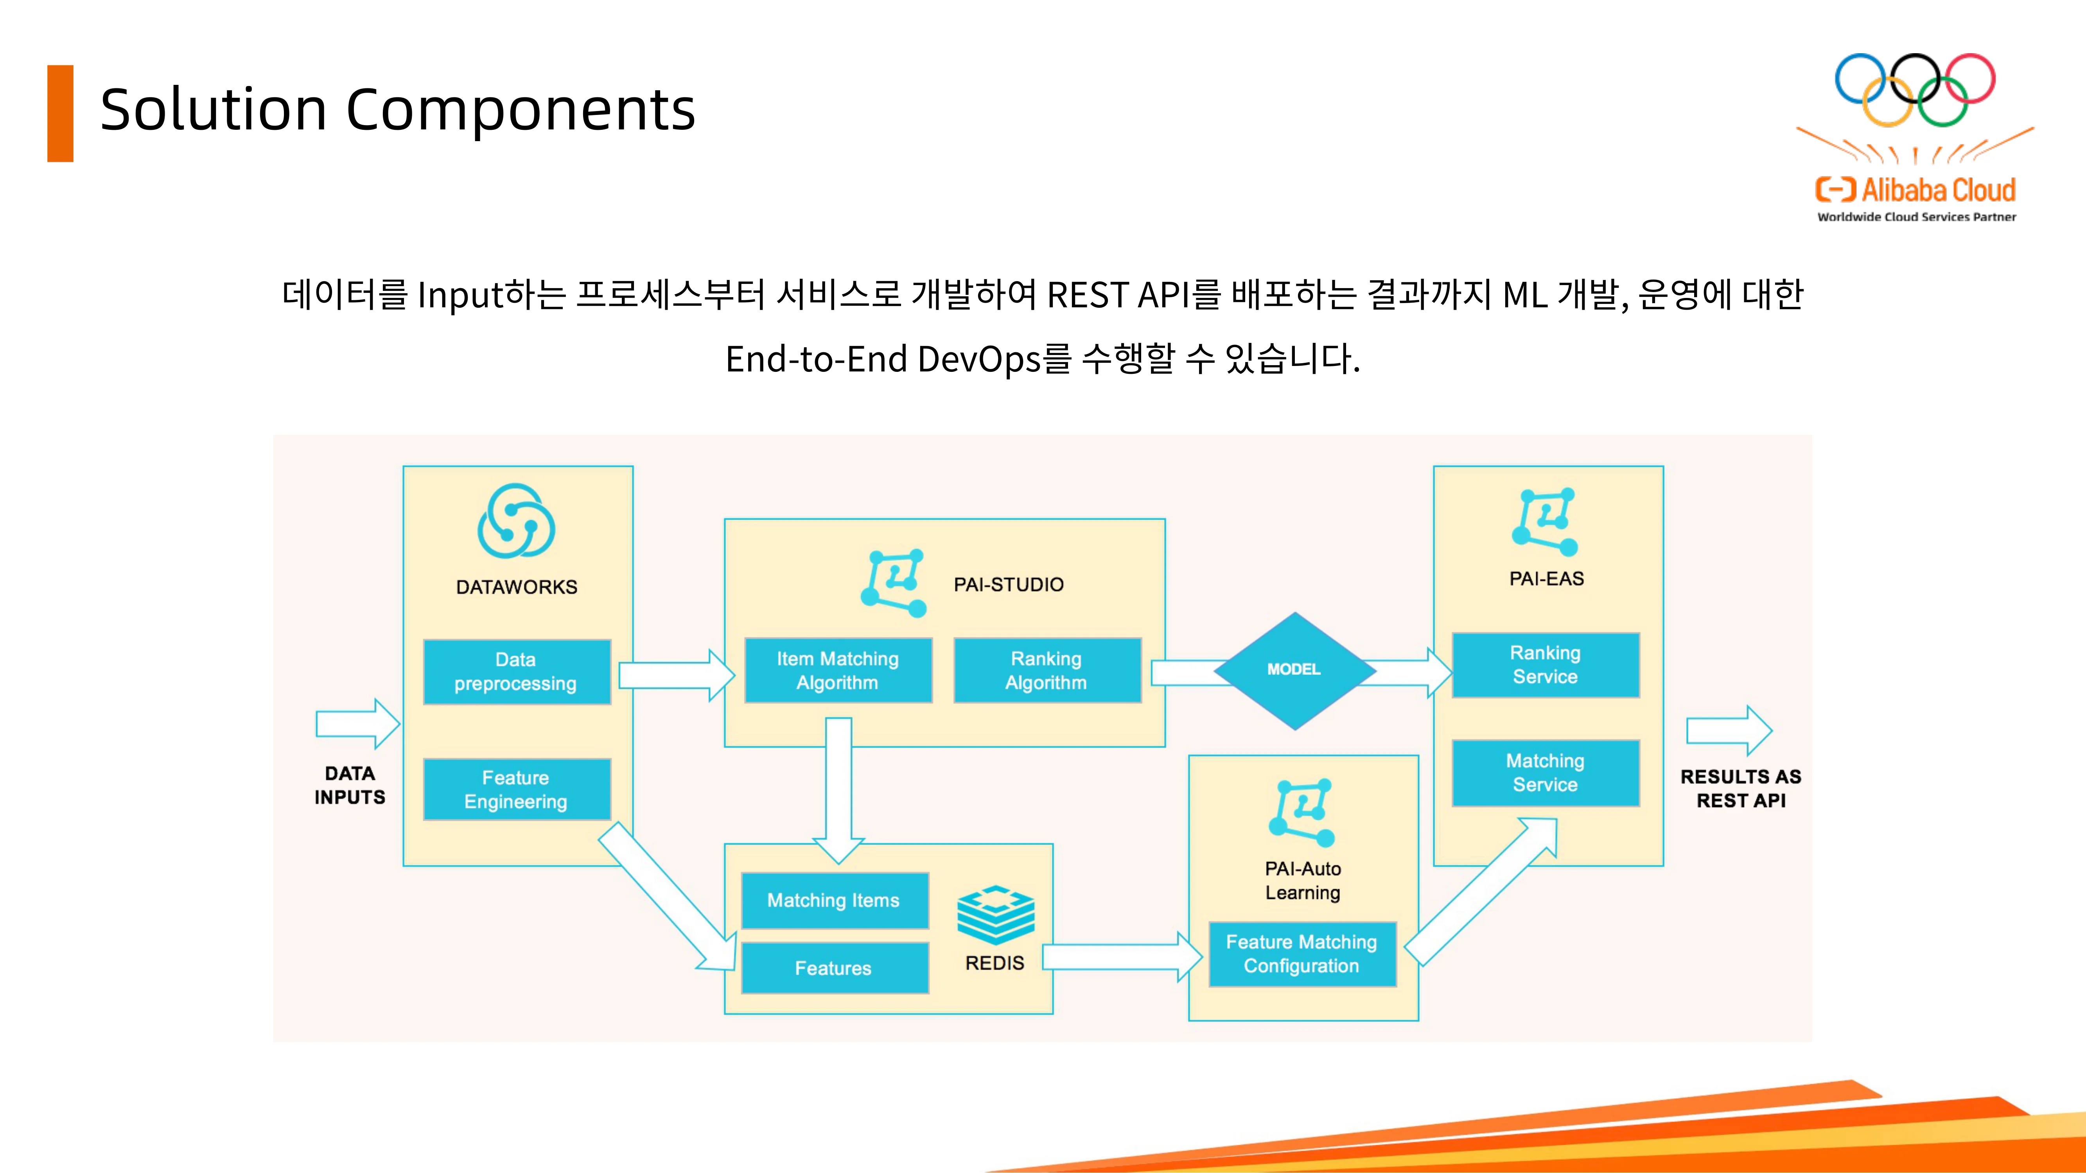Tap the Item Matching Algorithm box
838,670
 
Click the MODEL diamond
1295,670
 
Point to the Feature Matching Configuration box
1302,954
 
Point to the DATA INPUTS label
350,785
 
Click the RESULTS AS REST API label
1741,789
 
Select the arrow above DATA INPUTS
358,724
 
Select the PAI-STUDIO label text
1009,585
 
